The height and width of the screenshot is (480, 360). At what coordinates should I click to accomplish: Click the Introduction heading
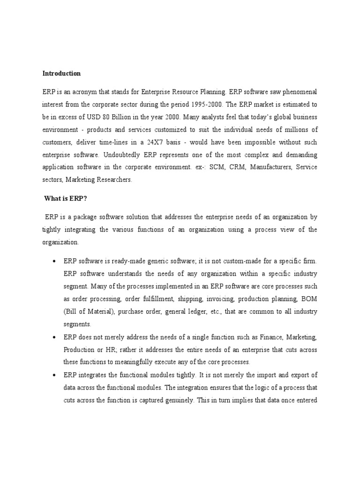click(61, 74)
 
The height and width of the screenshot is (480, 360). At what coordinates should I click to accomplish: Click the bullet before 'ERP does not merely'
click(54, 337)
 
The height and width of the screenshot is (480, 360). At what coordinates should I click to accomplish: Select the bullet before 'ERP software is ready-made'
click(54, 261)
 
